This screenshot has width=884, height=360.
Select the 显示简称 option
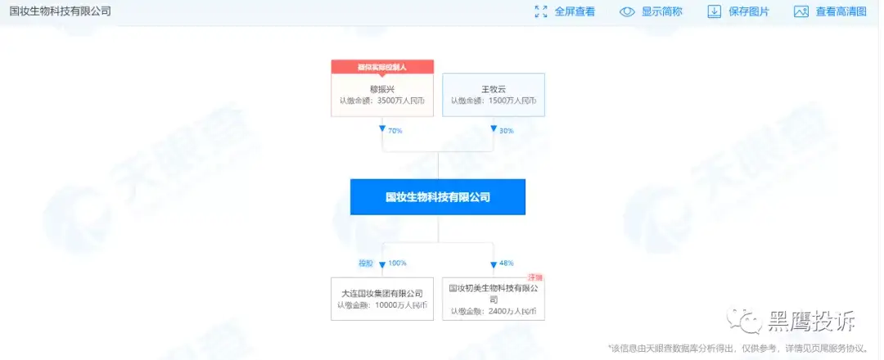point(661,11)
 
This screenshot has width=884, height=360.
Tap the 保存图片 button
point(749,11)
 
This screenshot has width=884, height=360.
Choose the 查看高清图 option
point(842,11)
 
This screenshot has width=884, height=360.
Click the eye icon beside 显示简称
point(628,11)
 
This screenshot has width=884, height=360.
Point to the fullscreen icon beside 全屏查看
point(541,11)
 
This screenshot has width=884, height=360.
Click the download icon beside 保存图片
point(714,11)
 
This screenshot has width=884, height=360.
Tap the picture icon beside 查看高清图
point(801,11)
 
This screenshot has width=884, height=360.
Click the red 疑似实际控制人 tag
point(382,66)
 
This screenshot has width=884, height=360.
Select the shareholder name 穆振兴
point(382,88)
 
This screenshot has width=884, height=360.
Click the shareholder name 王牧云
point(493,88)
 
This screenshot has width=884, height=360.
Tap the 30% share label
point(506,130)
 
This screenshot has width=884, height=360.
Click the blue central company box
point(438,197)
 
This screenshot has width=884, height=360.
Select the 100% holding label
point(398,263)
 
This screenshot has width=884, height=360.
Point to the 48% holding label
point(506,263)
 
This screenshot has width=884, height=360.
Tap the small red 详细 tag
point(536,278)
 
